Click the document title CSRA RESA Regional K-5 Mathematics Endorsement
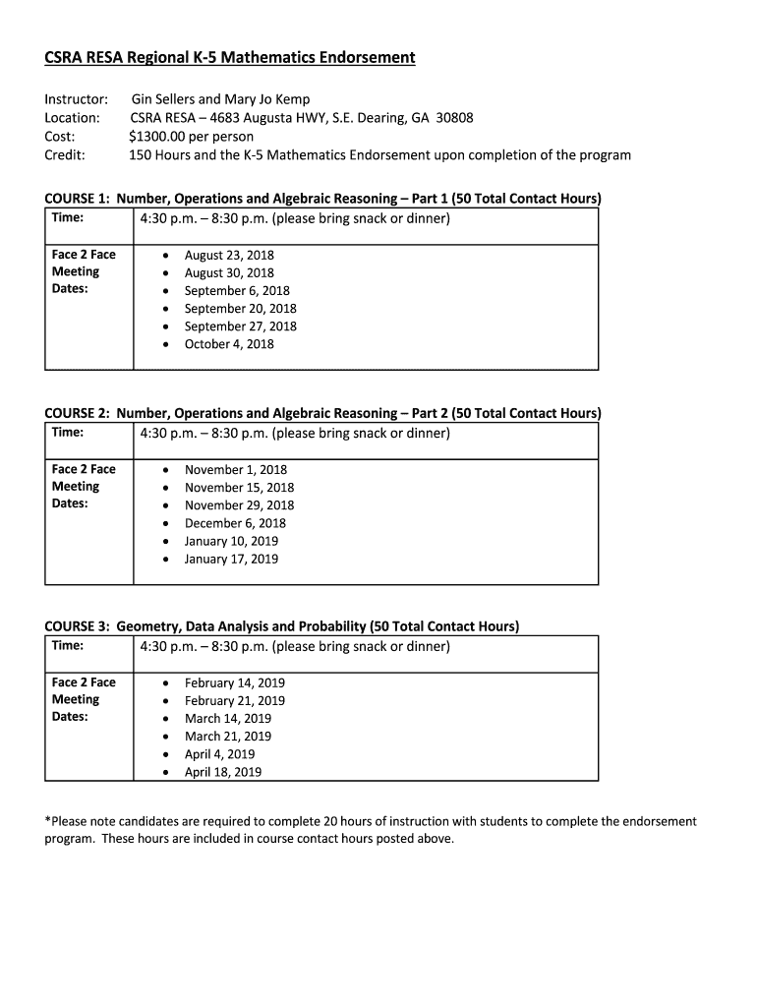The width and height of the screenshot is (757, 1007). [x=230, y=58]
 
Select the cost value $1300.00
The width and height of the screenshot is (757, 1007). [x=161, y=136]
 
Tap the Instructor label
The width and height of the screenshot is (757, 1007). [x=76, y=99]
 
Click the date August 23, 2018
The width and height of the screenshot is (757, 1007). [x=229, y=255]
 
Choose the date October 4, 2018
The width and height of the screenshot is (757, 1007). [x=229, y=344]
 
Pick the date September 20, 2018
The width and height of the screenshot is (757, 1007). [x=240, y=309]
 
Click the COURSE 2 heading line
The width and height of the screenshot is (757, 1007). [x=322, y=413]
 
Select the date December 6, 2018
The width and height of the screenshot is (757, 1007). [x=235, y=523]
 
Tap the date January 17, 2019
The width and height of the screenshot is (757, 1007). [x=231, y=559]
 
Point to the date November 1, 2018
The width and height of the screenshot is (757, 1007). [x=236, y=470]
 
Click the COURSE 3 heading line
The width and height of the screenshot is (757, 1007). [x=282, y=626]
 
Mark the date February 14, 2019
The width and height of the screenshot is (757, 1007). [x=235, y=682]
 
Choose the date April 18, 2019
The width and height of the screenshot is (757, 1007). [x=223, y=772]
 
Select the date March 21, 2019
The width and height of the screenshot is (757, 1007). [x=228, y=736]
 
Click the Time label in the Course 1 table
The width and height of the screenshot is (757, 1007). [x=68, y=217]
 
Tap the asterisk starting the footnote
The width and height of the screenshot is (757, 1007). [x=48, y=820]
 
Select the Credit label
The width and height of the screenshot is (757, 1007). [x=65, y=154]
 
